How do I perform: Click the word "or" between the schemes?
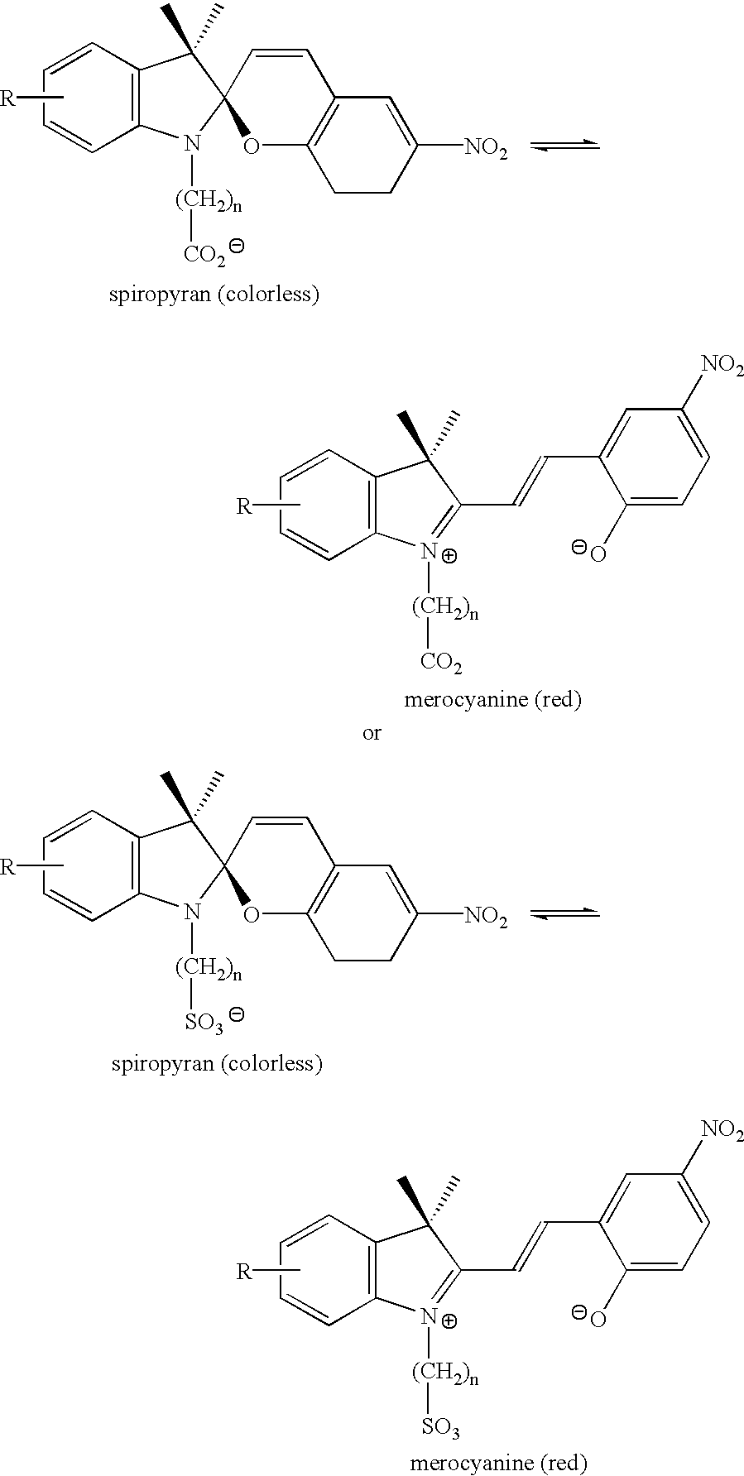[x=372, y=733]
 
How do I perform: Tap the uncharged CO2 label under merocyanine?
[x=441, y=661]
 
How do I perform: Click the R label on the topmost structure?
[x=7, y=99]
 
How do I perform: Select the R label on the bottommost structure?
[x=244, y=1271]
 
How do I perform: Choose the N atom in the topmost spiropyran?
[x=192, y=144]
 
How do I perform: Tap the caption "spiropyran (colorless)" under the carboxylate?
[x=214, y=295]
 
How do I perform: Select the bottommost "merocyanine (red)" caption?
[x=498, y=1464]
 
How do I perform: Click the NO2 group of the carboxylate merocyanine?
[x=722, y=365]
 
